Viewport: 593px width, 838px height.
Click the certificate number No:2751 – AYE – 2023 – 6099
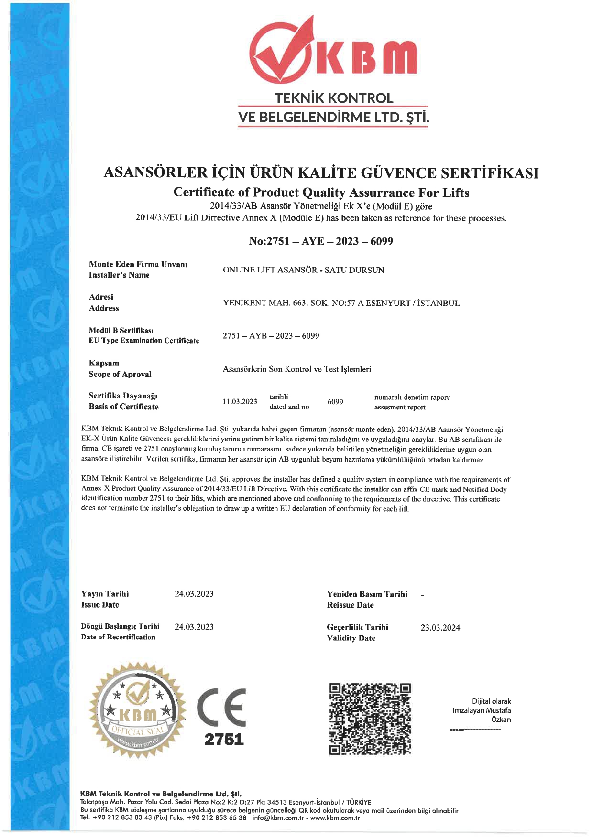[x=321, y=241]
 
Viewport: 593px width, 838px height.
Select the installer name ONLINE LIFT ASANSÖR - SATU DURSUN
[x=303, y=270]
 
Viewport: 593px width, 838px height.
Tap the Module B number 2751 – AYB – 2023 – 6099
[x=271, y=336]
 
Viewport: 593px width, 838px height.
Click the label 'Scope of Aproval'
[x=120, y=375]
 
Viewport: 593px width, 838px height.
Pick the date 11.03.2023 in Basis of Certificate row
[x=240, y=402]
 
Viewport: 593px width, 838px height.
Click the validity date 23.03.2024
[x=440, y=628]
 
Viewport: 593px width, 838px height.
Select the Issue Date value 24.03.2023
[x=194, y=594]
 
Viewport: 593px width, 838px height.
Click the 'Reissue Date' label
[x=350, y=605]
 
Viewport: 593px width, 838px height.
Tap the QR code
[x=370, y=719]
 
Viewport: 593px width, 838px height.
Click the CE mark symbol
[x=222, y=707]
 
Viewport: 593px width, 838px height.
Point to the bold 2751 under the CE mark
[x=224, y=740]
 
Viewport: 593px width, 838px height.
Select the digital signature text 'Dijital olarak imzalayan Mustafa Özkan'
[x=482, y=710]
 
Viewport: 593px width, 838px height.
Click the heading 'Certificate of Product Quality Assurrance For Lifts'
[x=321, y=193]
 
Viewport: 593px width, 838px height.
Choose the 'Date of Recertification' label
[x=118, y=637]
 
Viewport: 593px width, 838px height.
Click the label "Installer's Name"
[x=119, y=275]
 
